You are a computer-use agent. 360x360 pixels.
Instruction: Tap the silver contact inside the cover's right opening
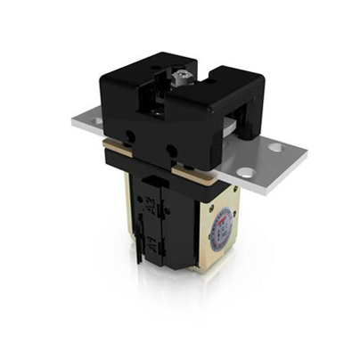pyautogui.click(x=236, y=132)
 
